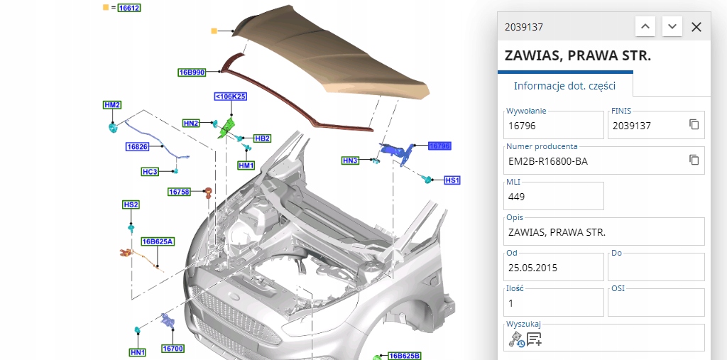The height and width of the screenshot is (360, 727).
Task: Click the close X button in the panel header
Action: tap(696, 27)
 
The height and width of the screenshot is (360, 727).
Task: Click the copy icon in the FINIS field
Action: tap(694, 125)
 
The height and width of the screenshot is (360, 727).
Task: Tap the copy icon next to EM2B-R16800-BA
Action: tap(694, 160)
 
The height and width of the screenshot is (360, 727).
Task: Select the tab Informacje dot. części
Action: tap(564, 86)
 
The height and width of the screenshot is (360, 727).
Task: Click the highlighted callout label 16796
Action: tap(439, 146)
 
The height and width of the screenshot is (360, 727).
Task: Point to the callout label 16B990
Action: tap(192, 72)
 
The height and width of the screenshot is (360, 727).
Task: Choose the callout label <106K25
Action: tap(230, 97)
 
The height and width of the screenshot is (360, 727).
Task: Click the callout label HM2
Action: tap(112, 105)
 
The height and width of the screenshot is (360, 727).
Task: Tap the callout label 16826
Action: tap(137, 147)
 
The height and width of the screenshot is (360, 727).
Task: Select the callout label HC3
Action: tap(150, 171)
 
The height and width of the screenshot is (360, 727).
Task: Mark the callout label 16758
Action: tap(179, 192)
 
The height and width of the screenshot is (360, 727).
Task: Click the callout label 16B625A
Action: tap(158, 241)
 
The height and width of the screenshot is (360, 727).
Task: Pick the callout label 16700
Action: tap(173, 349)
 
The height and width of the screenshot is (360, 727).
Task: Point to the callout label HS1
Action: tap(452, 180)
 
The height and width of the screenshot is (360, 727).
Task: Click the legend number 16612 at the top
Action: tap(129, 8)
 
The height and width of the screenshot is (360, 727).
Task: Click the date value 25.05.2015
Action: tap(533, 268)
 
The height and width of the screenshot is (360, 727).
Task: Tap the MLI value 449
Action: tap(517, 197)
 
